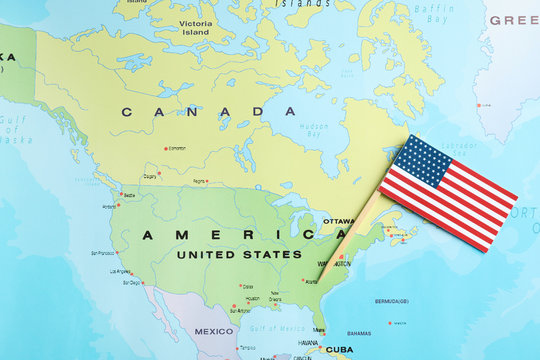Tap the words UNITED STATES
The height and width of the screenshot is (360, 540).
[239, 255]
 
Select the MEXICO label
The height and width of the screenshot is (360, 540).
[213, 331]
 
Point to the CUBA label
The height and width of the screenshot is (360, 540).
[339, 350]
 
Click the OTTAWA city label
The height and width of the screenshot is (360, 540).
[338, 221]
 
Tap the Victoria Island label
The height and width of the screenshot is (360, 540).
[195, 26]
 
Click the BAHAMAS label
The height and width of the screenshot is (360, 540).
[359, 334]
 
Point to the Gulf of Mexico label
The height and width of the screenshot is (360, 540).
[269, 328]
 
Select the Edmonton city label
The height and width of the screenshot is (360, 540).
[177, 148]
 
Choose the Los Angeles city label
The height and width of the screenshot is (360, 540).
[120, 271]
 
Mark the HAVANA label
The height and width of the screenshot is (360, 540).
[308, 342]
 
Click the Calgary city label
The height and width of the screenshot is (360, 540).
[150, 176]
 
